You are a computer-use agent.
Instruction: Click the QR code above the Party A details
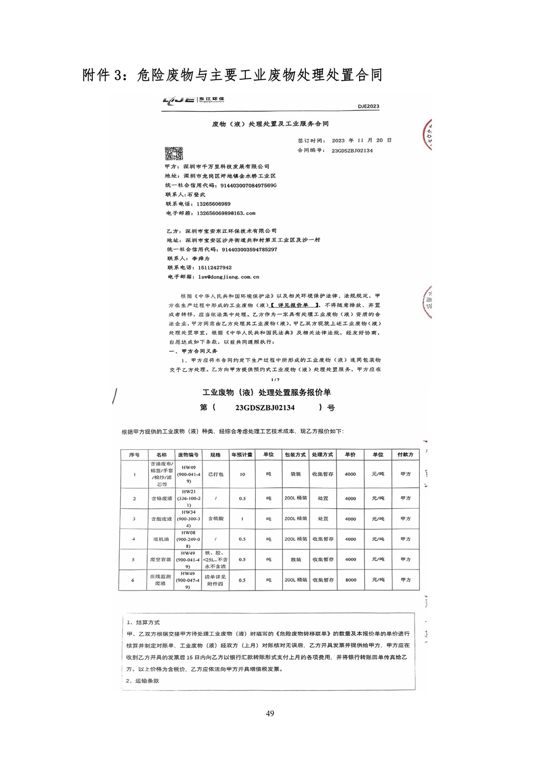point(173,153)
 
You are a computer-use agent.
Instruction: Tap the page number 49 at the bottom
point(270,714)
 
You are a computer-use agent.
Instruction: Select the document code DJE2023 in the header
point(368,107)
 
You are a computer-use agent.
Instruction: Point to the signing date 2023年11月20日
point(361,141)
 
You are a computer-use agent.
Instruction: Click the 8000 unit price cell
point(351,580)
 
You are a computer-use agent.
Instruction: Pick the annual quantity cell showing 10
point(242,475)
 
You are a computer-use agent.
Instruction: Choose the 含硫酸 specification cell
point(215,519)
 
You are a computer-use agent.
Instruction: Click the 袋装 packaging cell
point(295,475)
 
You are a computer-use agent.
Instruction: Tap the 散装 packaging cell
point(295,559)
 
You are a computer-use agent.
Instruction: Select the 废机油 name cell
point(161,539)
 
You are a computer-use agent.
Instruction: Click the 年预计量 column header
point(242,455)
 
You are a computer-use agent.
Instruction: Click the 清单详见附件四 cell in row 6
point(215,580)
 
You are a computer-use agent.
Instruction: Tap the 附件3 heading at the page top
point(232,75)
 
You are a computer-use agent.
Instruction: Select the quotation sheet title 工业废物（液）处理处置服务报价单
point(267,393)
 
